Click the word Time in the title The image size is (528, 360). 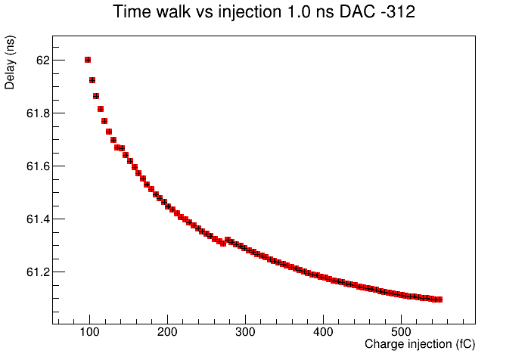(x=132, y=12)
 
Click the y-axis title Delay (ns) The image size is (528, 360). (x=9, y=62)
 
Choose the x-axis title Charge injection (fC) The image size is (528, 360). (x=420, y=344)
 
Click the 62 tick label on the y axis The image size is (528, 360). (x=43, y=61)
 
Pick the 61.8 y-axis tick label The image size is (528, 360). (x=38, y=113)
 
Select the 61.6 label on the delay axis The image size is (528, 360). (x=38, y=166)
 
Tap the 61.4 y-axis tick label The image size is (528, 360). (x=38, y=219)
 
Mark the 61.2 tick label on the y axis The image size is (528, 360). (x=38, y=272)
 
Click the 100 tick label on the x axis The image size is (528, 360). (x=89, y=332)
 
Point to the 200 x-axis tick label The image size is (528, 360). (x=167, y=332)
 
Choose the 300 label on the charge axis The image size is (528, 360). (x=246, y=332)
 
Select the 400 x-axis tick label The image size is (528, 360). (x=323, y=332)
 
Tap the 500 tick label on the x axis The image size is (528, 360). (x=402, y=332)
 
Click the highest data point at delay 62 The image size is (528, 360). (x=88, y=60)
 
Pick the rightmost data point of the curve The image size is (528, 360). (x=439, y=299)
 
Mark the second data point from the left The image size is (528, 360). (x=92, y=80)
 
